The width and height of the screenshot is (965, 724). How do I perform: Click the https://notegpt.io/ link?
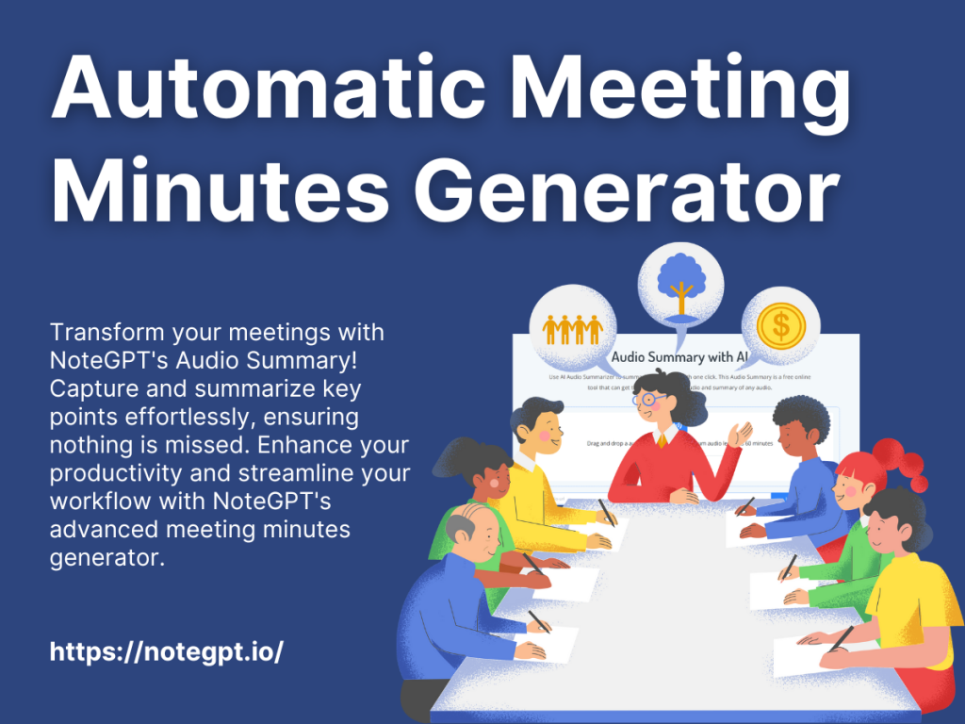(166, 651)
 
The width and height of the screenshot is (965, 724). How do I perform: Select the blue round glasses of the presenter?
(649, 399)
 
